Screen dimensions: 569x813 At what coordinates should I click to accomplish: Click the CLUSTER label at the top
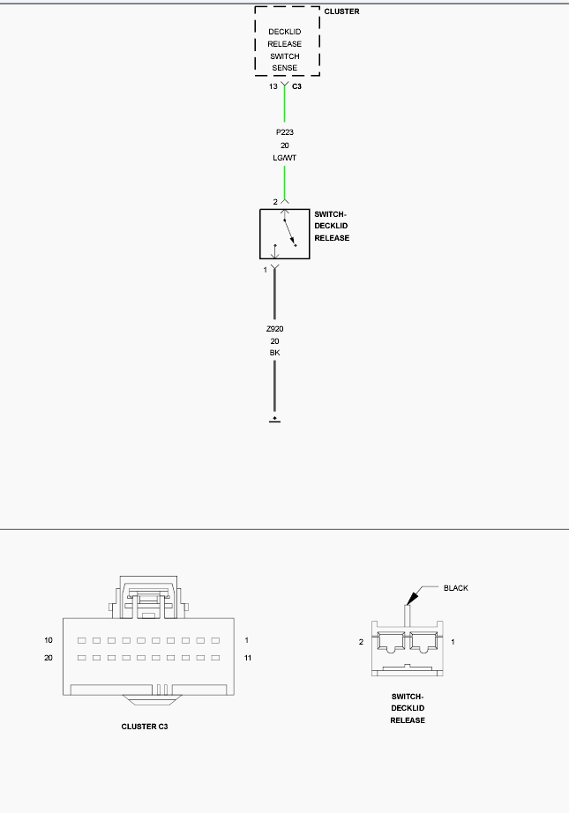point(341,11)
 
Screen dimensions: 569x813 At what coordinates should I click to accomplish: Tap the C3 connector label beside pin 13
point(296,86)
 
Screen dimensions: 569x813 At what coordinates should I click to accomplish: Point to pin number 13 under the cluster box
point(273,86)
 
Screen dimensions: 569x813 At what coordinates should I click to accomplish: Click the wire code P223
point(285,132)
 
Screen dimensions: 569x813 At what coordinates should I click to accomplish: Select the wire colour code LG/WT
point(285,158)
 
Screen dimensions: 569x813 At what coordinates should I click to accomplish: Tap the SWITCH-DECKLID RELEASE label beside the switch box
point(332,226)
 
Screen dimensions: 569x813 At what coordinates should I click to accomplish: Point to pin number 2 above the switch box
point(275,202)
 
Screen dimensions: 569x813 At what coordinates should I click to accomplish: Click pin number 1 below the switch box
point(265,270)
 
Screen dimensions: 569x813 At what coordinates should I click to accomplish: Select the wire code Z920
point(275,329)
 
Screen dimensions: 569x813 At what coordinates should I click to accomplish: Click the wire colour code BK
point(275,353)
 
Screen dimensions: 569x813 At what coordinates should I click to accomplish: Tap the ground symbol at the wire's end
point(275,420)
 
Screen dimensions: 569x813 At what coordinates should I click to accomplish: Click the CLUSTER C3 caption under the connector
point(145,727)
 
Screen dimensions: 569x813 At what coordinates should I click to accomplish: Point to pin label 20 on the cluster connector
point(49,658)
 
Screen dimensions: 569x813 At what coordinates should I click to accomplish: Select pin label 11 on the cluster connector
point(247,658)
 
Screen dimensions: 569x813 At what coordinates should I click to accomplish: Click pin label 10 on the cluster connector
point(49,640)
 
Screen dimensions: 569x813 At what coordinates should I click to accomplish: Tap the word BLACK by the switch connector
point(456,588)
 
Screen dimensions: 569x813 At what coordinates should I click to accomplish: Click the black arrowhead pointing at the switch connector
point(412,598)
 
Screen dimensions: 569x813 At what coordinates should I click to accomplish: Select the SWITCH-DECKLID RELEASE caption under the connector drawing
point(408,708)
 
